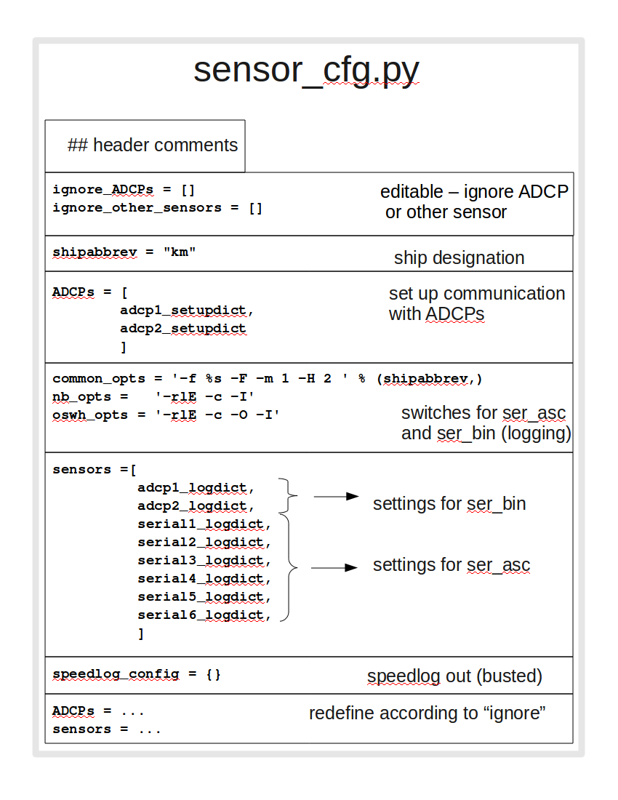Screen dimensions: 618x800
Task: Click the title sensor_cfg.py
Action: point(306,71)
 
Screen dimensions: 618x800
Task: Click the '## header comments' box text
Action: point(153,145)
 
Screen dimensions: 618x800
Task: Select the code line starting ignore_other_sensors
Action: point(157,208)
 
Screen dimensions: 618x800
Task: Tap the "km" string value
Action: point(180,252)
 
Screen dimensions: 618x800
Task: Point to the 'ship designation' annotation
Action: point(459,258)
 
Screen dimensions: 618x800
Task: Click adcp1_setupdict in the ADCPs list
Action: point(186,311)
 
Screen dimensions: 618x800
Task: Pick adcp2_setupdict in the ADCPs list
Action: point(183,329)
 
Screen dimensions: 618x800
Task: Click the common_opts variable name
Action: point(98,379)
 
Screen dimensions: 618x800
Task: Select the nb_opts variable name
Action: point(81,397)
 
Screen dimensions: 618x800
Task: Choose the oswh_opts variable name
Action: point(90,415)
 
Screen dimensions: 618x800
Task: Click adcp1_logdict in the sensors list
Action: point(196,488)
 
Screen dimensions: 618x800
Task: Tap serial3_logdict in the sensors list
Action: point(204,561)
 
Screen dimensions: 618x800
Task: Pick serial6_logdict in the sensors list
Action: point(204,615)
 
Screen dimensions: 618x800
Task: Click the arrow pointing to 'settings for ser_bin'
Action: point(336,497)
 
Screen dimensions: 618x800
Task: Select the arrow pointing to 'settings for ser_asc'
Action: point(334,568)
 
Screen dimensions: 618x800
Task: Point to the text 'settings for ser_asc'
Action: point(452,565)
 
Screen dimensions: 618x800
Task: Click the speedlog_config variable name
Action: point(116,674)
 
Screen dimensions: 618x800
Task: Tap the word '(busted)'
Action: point(509,676)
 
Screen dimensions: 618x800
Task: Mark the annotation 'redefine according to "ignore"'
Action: point(428,713)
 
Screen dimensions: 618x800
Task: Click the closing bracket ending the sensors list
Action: point(141,633)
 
